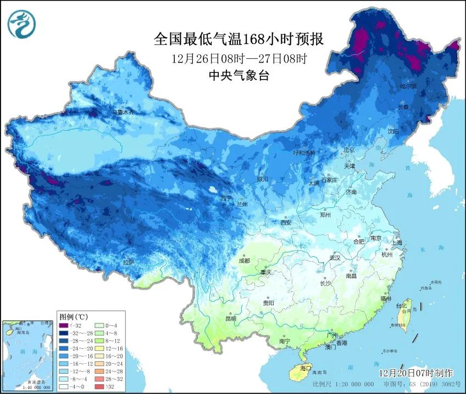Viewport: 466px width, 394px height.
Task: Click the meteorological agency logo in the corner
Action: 21,24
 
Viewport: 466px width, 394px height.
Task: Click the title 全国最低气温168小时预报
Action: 238,40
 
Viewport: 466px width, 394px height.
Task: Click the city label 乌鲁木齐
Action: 123,112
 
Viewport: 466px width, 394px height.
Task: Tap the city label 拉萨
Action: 129,262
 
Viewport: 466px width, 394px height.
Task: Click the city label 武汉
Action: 334,257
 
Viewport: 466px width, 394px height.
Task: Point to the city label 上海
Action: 396,242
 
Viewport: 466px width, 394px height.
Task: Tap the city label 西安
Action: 286,222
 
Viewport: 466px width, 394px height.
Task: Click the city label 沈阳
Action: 408,131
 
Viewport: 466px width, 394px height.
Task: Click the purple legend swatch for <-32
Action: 66,325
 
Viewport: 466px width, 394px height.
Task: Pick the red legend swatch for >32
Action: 101,386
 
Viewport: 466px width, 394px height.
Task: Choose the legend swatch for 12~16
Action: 101,348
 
